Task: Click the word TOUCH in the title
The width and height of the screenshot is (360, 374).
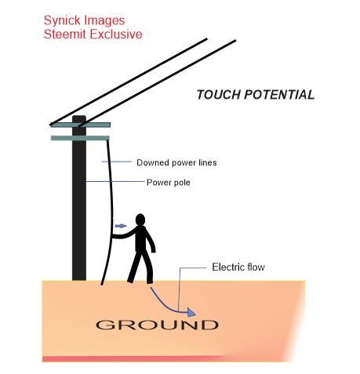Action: (x=218, y=95)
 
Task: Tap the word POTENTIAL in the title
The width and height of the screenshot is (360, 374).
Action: (x=279, y=95)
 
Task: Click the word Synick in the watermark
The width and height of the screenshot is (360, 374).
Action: (x=60, y=21)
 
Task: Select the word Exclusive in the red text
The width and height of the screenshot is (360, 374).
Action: (x=118, y=34)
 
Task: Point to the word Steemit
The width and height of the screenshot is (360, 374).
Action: (x=67, y=34)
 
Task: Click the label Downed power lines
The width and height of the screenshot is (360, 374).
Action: (x=176, y=162)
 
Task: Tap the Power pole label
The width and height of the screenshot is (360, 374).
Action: (x=169, y=183)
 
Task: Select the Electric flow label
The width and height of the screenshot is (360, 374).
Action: (x=238, y=267)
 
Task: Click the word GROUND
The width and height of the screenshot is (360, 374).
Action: (x=157, y=325)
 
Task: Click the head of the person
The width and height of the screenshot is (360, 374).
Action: (x=140, y=220)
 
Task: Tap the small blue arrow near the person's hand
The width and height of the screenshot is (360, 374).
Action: (x=121, y=226)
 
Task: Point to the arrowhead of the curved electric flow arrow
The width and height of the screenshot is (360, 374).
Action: (x=191, y=312)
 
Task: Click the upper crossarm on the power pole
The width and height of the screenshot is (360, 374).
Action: (x=81, y=125)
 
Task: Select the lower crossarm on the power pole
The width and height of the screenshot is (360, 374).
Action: (x=80, y=138)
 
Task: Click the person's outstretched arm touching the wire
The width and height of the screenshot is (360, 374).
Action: (x=124, y=234)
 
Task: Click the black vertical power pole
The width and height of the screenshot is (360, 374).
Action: (x=79, y=198)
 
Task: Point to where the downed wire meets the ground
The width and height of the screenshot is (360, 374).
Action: (x=102, y=283)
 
